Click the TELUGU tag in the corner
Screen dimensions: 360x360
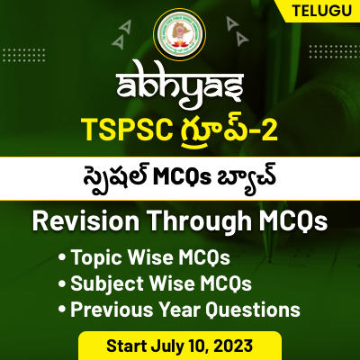pos(319,12)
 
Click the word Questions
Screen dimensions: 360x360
pos(254,310)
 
